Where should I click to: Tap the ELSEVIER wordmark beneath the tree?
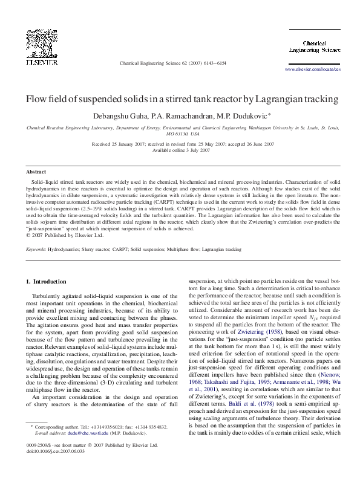pos(41,62)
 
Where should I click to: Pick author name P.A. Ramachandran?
pos(171,115)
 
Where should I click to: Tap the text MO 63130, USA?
pos(180,134)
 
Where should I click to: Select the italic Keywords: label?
pos(36,248)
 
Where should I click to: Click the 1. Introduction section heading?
pos(49,282)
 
